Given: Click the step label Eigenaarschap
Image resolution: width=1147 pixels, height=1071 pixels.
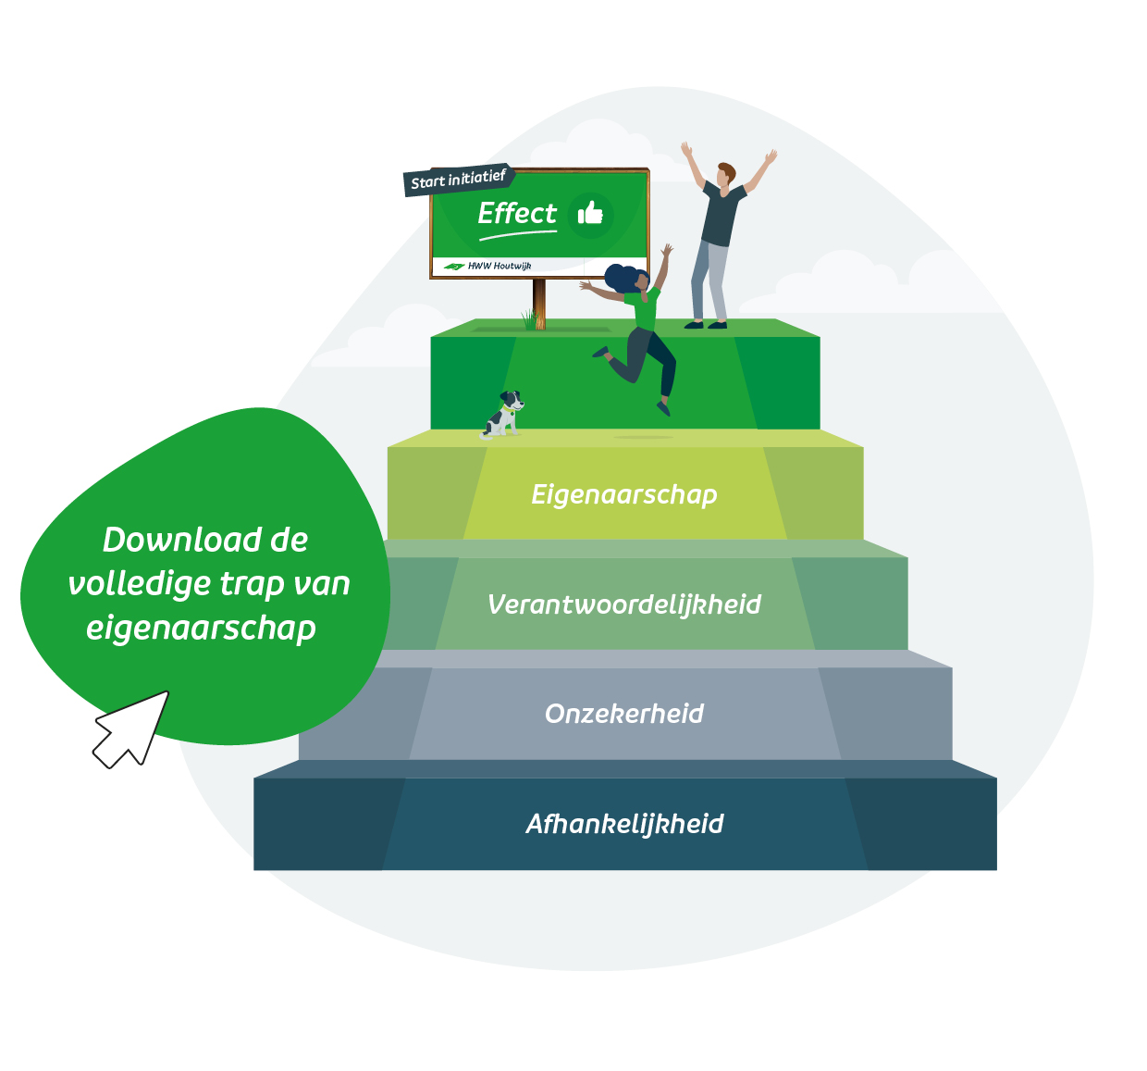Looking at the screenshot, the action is (x=623, y=495).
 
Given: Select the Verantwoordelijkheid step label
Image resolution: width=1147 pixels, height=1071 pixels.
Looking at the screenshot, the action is (x=623, y=604).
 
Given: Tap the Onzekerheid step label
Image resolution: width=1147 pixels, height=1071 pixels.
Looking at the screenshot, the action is (x=623, y=714).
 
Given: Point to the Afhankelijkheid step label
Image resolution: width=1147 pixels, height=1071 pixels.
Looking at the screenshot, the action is (x=623, y=824).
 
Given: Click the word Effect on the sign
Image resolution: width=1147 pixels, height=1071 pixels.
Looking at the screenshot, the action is (x=517, y=213).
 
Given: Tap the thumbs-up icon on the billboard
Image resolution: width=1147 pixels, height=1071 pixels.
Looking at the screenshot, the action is (x=590, y=213).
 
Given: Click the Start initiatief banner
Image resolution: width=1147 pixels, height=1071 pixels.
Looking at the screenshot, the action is (x=458, y=180).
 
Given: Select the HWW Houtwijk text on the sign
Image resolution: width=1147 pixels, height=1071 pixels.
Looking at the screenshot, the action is (x=499, y=266).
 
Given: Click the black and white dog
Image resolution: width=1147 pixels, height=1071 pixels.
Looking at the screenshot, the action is (x=502, y=414).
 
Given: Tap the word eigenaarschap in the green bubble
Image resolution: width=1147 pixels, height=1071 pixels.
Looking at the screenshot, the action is (x=201, y=629).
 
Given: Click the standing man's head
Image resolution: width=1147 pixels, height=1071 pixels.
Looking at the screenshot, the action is (x=725, y=174).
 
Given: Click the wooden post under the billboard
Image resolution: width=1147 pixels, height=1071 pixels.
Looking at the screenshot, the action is (x=539, y=304).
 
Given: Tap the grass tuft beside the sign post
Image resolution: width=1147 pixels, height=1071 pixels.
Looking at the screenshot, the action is (x=528, y=319).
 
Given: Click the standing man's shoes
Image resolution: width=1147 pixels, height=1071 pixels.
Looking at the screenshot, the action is (x=705, y=325).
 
